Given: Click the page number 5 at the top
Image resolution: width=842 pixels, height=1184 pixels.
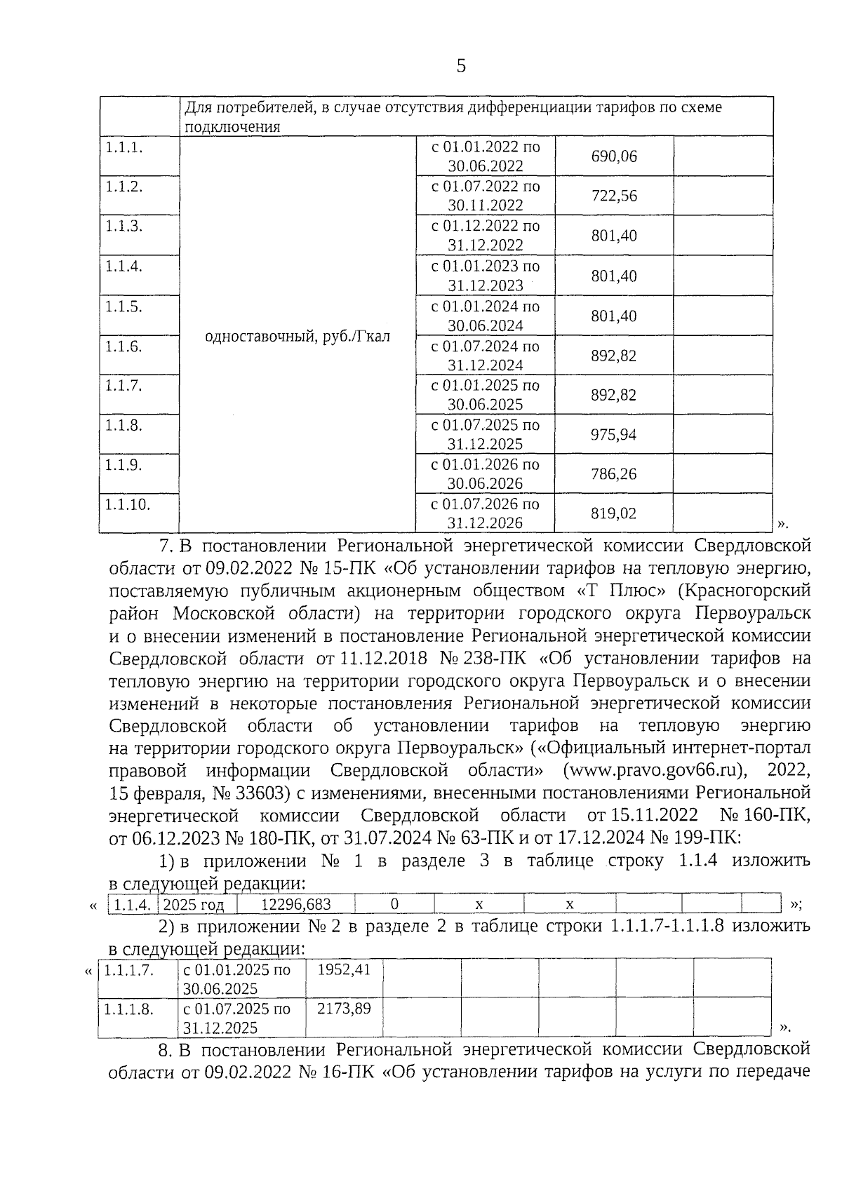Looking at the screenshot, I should (461, 67).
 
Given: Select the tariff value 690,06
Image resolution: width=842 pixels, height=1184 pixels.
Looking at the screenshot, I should (614, 156).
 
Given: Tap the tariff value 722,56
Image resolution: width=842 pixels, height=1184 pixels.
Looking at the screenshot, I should (614, 196).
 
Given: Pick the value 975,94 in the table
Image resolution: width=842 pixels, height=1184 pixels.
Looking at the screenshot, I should (614, 435).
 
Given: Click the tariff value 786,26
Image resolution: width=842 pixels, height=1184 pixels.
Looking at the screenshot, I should (614, 474).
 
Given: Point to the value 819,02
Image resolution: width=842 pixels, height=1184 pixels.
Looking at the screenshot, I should (614, 513).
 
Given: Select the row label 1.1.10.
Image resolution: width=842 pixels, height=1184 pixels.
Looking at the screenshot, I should (128, 504).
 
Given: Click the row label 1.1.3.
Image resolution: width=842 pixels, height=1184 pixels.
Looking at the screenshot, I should (124, 226).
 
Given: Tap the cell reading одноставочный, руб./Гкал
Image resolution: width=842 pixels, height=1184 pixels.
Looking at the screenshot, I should (298, 337).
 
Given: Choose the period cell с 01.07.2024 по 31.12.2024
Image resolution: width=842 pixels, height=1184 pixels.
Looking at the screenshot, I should (486, 356).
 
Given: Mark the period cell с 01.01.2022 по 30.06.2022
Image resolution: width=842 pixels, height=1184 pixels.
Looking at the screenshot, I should (486, 156).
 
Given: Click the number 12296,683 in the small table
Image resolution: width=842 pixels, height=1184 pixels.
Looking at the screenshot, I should (295, 905).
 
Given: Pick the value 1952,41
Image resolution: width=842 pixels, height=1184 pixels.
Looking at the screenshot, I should (344, 970).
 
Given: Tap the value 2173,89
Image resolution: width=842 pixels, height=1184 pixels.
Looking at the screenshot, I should (344, 1009).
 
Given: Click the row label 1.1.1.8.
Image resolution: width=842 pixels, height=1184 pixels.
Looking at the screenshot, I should (128, 1009).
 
